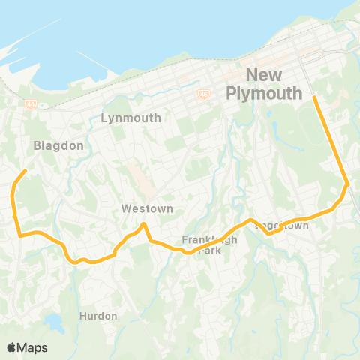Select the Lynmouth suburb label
tap(130, 118)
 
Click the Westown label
tap(147, 209)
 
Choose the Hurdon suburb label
tap(98, 316)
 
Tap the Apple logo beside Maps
tap(11, 347)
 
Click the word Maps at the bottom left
tap(32, 347)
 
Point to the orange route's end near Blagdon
tap(26, 171)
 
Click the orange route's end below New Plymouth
tap(313, 97)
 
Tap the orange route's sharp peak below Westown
tap(144, 223)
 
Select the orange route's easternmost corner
tap(347, 184)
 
